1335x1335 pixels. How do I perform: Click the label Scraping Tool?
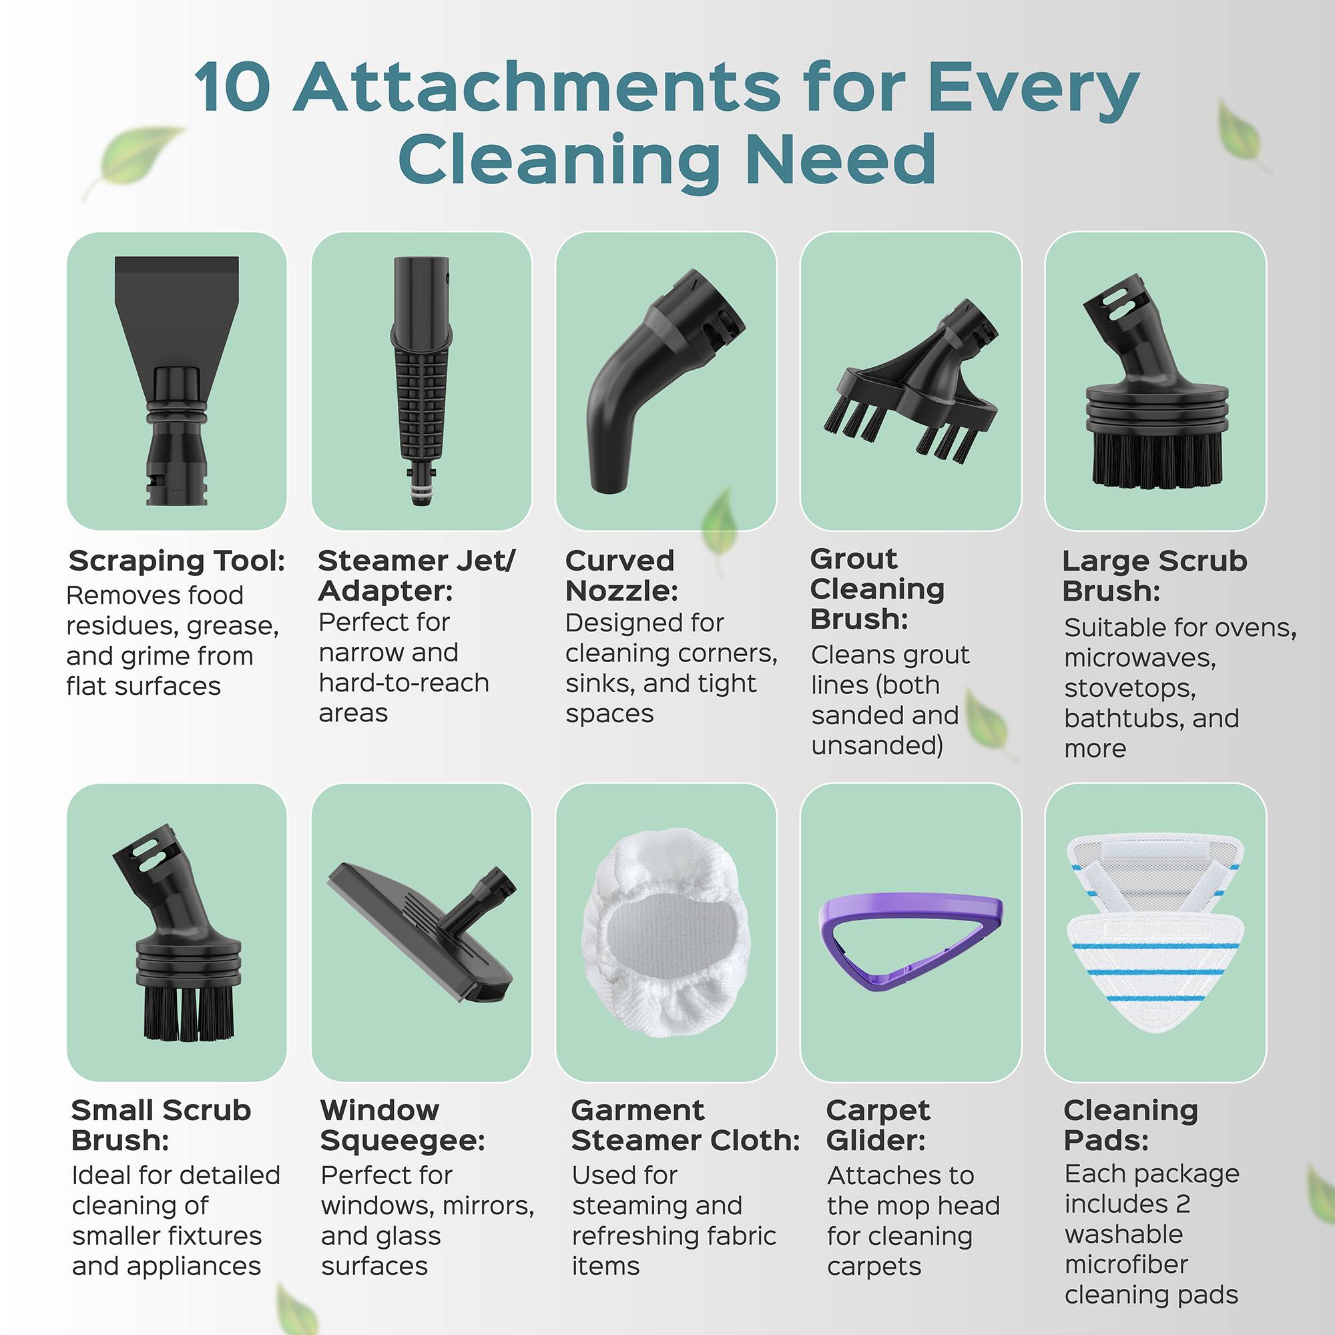pos(177,561)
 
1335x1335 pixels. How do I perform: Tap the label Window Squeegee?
pos(402,1125)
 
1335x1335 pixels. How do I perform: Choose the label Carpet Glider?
pos(878,1125)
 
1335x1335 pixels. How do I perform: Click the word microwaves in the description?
pos(1139,658)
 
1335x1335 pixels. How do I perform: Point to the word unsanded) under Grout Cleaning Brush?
pos(877,746)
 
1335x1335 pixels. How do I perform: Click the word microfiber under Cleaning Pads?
pos(1125,1264)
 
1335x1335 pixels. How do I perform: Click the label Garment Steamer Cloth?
pos(684,1125)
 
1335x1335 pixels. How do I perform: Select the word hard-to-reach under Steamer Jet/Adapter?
pos(404,683)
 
